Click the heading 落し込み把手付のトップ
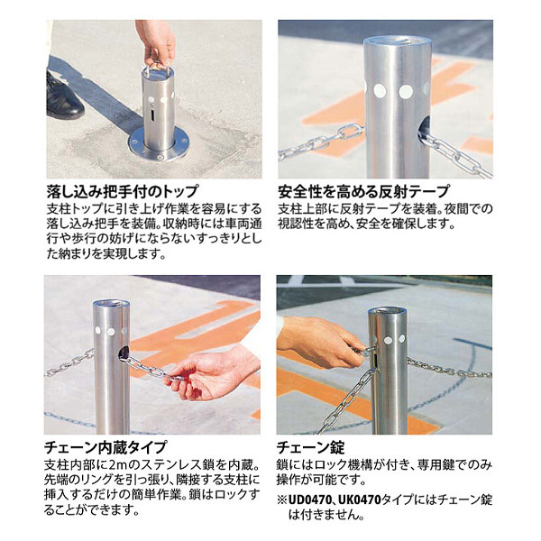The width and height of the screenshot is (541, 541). point(123,191)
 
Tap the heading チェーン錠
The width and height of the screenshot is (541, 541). point(311,446)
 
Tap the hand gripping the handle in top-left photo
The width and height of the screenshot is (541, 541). point(155,41)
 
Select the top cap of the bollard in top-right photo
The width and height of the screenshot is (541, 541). point(398,44)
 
